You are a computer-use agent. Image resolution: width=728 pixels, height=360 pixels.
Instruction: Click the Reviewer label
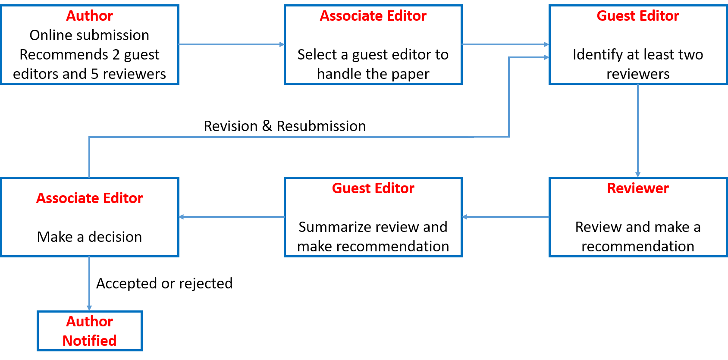637,188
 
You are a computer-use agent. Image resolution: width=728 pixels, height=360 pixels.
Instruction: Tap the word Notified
89,341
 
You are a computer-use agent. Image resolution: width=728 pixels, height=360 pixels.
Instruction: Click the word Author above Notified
89,321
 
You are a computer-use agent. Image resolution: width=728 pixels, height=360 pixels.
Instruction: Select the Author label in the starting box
89,16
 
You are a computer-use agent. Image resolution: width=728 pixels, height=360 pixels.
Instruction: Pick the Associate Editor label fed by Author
373,16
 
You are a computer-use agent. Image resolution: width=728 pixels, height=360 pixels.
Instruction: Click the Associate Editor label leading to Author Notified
89,198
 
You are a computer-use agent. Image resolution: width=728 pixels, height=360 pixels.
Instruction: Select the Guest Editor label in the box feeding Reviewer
637,16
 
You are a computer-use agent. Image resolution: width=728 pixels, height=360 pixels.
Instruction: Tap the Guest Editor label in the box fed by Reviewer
373,188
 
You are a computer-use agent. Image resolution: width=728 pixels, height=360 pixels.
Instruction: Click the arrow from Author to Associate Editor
231,44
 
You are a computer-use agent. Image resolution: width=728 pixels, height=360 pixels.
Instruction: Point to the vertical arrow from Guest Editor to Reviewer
637,129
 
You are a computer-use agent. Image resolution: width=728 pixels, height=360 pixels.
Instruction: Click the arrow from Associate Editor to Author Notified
89,282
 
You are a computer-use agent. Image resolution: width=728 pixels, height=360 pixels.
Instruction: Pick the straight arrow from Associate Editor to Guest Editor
505,44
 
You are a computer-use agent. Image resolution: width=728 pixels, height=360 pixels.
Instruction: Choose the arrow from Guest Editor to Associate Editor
232,217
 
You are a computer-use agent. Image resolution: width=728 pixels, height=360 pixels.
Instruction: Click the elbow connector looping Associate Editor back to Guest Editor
302,137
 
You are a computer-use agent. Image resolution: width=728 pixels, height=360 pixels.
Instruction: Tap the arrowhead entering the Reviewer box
637,175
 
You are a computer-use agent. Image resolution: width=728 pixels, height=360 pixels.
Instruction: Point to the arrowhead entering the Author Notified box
89,308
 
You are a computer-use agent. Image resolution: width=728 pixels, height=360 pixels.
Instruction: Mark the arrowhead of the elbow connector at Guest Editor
546,57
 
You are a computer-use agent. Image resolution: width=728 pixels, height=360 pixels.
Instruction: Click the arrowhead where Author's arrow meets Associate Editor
282,44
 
